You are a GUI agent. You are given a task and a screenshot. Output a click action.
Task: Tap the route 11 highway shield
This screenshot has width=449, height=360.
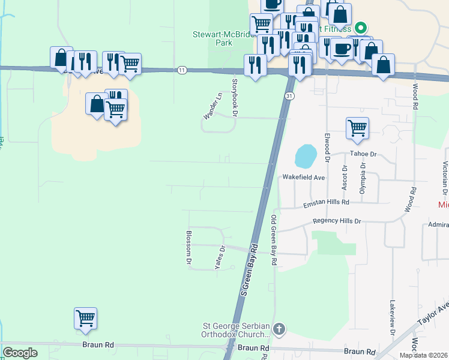[182, 70]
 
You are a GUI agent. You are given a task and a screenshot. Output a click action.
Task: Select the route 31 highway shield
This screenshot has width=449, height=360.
[289, 96]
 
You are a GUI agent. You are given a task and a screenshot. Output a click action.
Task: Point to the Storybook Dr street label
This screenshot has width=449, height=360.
[235, 97]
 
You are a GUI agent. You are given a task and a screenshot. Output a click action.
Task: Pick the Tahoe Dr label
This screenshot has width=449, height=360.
[363, 154]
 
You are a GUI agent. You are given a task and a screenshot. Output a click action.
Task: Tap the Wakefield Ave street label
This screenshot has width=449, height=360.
[303, 178]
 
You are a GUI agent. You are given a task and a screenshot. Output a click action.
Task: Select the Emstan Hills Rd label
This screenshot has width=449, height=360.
[325, 203]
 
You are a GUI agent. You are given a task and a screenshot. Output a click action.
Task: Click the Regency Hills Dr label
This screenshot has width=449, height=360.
[337, 221]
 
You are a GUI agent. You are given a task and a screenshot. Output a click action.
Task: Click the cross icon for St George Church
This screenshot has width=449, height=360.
[279, 329]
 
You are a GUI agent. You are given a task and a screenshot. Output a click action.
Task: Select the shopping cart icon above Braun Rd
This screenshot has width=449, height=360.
[86, 318]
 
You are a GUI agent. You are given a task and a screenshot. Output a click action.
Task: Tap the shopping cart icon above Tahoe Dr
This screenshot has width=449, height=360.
[357, 128]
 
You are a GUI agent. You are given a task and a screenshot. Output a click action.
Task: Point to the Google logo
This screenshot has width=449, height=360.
[20, 353]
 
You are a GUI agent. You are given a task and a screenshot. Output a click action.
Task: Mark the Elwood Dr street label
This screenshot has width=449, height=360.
[327, 148]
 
